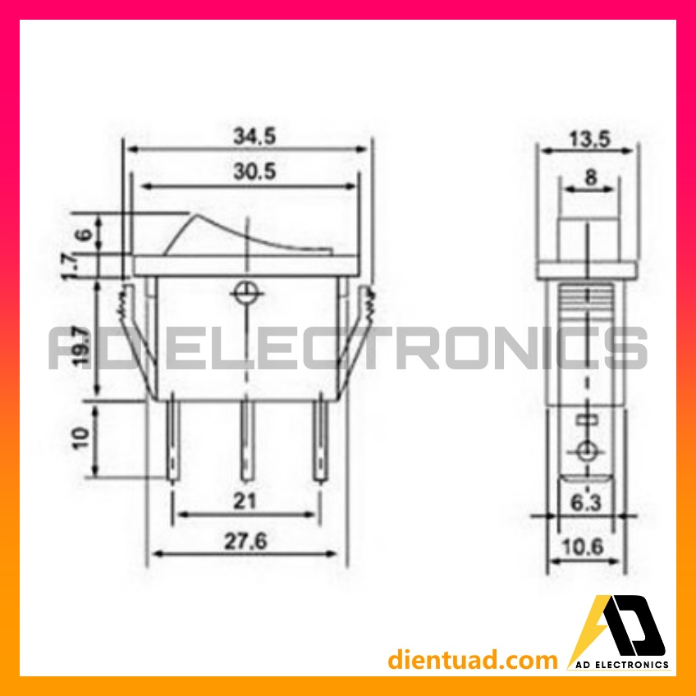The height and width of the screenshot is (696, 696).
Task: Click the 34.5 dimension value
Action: tap(254, 135)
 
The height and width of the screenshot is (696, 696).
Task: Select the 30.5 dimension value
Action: tap(254, 172)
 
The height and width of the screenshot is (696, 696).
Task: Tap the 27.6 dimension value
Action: tap(245, 541)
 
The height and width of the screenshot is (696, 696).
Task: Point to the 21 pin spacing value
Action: tap(245, 501)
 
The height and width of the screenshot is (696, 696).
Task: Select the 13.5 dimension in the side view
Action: tap(590, 139)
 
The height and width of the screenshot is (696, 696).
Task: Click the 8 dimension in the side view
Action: tap(590, 177)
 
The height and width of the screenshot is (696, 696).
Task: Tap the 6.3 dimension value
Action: tap(585, 503)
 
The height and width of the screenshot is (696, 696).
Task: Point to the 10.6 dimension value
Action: tap(583, 547)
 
